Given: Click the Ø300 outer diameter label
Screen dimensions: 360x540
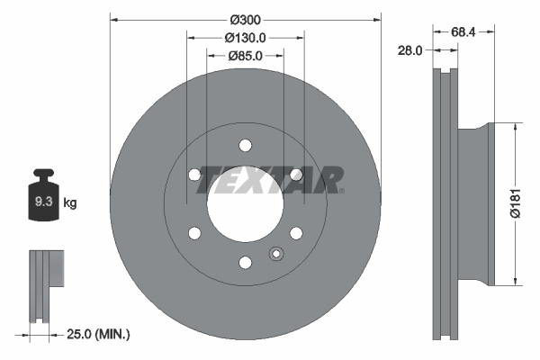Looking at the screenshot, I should click(245, 19).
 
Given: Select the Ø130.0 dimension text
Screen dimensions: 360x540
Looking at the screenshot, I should click(245, 37).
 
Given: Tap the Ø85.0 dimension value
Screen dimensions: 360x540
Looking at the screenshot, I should click(245, 56).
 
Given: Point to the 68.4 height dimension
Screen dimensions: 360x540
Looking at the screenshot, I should click(463, 31).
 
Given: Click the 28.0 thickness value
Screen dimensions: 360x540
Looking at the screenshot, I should click(409, 51).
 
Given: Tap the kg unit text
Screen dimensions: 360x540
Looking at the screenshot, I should click(70, 203).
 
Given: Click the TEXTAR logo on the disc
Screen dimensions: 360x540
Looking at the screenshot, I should click(270, 180).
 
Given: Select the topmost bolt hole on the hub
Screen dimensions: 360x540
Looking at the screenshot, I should click(245, 146).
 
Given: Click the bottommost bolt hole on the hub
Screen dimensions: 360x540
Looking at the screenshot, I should click(245, 263).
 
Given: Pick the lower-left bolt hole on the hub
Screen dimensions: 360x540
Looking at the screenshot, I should click(194, 233).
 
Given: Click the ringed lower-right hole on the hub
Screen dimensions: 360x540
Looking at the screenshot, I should click(295, 233).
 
